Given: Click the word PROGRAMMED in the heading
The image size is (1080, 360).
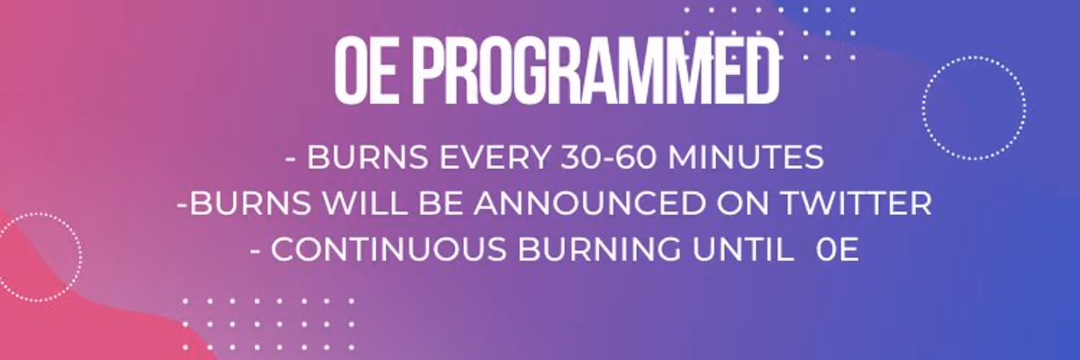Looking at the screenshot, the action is tap(596, 71).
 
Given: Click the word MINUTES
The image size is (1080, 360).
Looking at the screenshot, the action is tap(746, 157).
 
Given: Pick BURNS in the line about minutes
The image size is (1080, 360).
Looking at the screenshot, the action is tap(367, 157).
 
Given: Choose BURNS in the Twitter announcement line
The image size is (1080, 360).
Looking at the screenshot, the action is tap(251, 203).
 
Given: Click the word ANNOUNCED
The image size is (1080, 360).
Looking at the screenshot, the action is tap(589, 203).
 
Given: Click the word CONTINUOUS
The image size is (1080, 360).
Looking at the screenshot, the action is tap(389, 249).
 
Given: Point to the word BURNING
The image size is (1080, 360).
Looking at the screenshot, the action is tap(600, 249).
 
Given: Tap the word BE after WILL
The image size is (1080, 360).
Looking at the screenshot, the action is tap(440, 203).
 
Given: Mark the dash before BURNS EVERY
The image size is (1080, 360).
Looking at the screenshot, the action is tap(291, 159).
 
